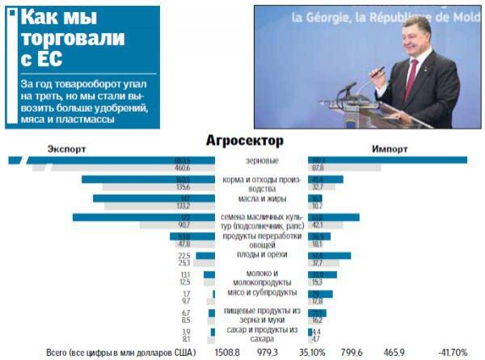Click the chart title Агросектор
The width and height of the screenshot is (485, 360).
click(x=245, y=141)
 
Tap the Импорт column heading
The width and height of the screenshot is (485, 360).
click(x=390, y=150)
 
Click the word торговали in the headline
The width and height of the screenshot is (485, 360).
click(x=72, y=38)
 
